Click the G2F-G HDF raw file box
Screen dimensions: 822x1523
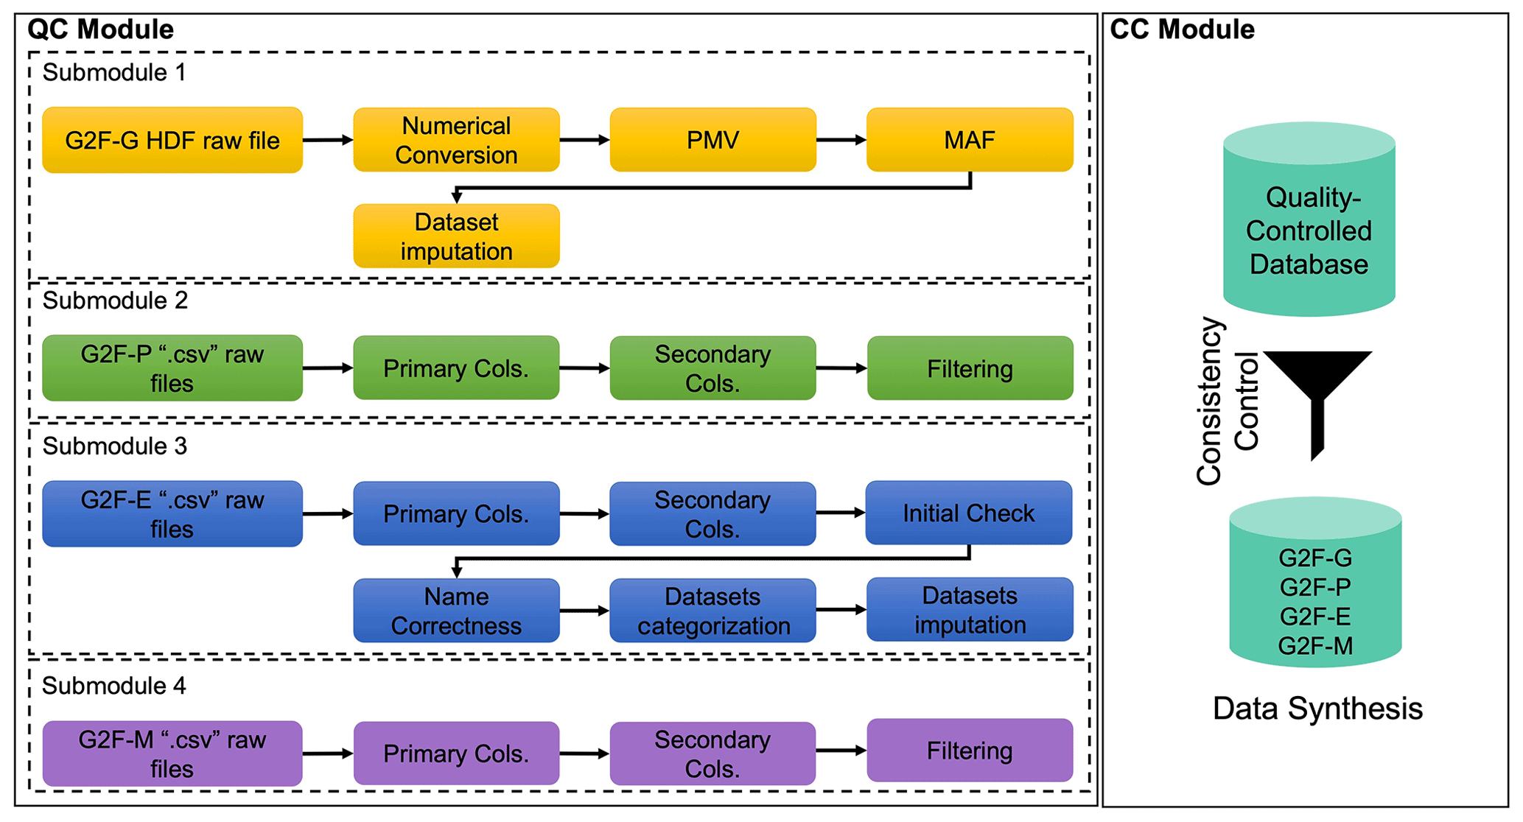[x=172, y=140]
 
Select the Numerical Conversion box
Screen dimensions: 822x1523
[x=456, y=140]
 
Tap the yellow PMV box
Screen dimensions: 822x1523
[x=713, y=140]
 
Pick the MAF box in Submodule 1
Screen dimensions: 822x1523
[x=970, y=140]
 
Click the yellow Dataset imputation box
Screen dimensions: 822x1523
[x=456, y=236]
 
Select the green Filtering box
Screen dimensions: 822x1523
[x=970, y=368]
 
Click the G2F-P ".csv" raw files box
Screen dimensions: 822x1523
[x=172, y=368]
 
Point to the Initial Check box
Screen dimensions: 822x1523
[x=968, y=513]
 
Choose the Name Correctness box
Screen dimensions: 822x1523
[x=456, y=611]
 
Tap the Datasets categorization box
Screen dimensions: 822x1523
[x=713, y=611]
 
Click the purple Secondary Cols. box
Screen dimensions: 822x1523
[x=713, y=753]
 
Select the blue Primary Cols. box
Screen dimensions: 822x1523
[x=456, y=513]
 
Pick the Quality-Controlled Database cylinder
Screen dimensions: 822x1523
[x=1309, y=221]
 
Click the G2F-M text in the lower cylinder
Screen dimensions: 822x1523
[x=1315, y=646]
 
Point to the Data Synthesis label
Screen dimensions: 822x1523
[x=1317, y=709]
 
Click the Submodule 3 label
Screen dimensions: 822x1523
[x=115, y=446]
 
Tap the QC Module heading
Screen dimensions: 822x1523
[x=100, y=29]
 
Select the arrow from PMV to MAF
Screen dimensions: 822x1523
[x=841, y=140]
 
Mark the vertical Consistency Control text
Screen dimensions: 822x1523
[x=1226, y=401]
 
